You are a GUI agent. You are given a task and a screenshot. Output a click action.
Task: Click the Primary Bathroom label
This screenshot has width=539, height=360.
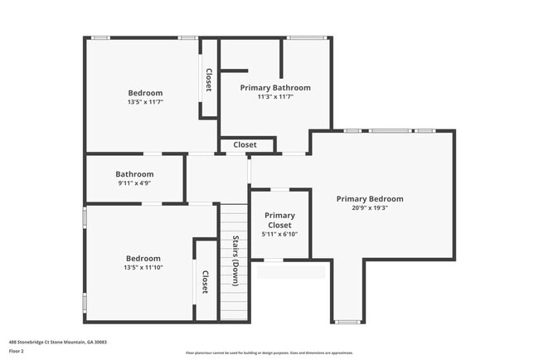(x=275, y=87)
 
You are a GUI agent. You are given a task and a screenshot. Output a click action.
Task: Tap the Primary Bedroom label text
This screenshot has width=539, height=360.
(x=370, y=199)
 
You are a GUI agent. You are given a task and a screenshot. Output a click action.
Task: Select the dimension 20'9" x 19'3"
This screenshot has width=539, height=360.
(x=370, y=208)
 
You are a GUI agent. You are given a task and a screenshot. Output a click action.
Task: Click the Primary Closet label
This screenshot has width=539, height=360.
(x=279, y=220)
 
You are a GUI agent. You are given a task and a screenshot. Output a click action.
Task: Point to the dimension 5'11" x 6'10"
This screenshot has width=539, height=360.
(x=279, y=234)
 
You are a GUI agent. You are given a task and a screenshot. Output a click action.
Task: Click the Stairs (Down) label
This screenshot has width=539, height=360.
(x=235, y=261)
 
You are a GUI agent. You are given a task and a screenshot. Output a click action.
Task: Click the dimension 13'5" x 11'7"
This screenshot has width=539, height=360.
(x=145, y=102)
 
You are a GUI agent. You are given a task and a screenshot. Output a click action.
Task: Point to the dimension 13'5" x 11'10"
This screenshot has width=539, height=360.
(x=143, y=268)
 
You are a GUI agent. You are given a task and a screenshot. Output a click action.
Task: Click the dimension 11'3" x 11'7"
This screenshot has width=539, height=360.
(x=275, y=97)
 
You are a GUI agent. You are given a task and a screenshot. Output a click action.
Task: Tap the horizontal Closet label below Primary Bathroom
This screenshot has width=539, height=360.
(x=245, y=145)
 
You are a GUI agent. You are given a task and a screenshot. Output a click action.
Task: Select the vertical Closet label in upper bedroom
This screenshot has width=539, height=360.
(x=209, y=80)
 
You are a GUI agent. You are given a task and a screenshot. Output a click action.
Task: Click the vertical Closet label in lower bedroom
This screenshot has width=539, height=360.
(x=205, y=282)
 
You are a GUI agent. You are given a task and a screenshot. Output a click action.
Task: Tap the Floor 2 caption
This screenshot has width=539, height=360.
(x=16, y=351)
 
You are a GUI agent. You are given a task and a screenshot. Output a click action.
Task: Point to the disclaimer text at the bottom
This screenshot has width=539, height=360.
(x=269, y=353)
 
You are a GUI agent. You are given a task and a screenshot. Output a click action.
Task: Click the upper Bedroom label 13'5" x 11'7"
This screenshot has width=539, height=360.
(x=145, y=93)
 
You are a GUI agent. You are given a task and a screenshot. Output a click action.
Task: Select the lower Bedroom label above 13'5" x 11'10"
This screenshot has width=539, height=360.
(x=143, y=259)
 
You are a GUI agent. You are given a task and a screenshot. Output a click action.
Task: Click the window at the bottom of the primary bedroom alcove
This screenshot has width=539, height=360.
(x=347, y=322)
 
